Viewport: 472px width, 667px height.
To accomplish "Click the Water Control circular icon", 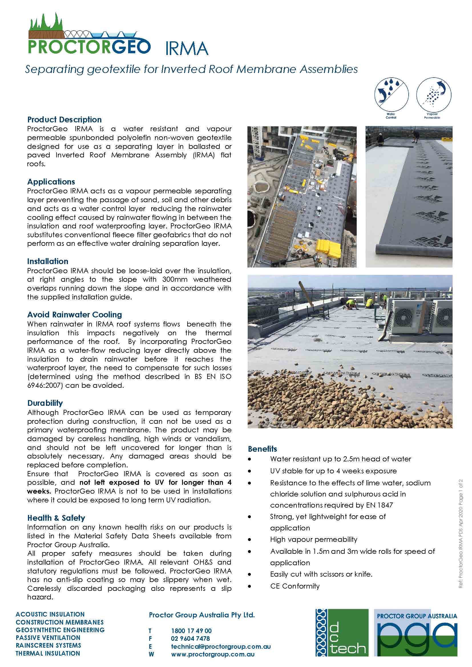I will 392,95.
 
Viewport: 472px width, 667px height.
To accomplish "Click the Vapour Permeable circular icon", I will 434,95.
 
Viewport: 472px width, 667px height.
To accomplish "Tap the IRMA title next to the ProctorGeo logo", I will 187,48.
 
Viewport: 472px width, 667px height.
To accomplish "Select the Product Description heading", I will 64,119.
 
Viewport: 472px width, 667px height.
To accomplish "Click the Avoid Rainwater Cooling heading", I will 74,315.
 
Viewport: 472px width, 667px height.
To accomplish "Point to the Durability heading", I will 45,403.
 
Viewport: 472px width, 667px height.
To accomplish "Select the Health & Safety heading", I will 56,518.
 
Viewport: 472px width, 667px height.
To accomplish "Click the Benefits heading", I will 262,449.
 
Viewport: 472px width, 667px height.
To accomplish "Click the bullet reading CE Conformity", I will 295,586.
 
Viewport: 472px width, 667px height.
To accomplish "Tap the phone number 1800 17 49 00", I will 191,631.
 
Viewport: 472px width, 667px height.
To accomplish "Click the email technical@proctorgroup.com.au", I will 221,646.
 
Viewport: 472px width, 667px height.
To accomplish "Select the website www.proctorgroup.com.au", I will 213,654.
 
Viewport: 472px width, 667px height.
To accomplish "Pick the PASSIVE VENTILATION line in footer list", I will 48,638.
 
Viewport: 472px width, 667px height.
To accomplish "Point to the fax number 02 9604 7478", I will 190,638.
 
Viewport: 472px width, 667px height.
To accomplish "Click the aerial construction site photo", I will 302,197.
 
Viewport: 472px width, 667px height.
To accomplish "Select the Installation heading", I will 48,261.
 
